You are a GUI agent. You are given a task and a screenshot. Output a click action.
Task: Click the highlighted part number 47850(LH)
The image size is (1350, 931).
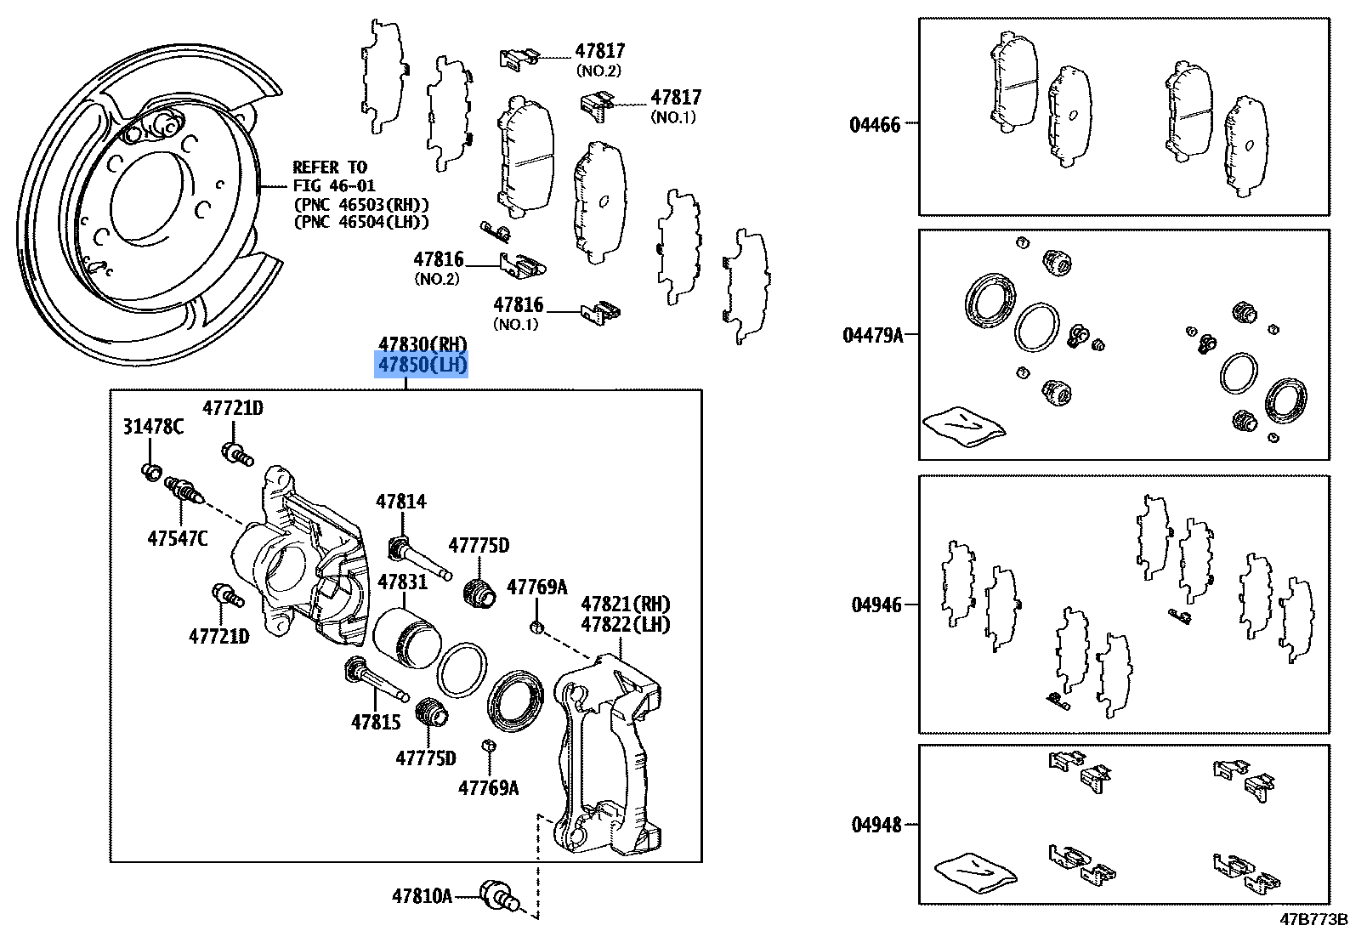click(423, 366)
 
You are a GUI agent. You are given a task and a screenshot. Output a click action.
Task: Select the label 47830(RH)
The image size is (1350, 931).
click(423, 344)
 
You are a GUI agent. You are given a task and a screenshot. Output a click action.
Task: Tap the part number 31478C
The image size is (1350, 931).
click(153, 427)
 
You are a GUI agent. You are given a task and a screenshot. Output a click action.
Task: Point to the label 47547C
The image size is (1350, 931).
click(177, 538)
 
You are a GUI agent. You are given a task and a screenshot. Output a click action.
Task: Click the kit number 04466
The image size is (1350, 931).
click(875, 125)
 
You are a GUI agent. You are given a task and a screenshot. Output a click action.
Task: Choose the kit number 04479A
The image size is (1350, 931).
click(873, 335)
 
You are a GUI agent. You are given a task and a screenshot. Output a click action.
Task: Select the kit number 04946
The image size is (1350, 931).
click(876, 605)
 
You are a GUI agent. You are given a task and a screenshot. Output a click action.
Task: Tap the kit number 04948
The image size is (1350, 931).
click(876, 825)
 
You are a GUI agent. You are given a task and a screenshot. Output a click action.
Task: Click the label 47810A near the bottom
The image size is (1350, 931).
click(423, 895)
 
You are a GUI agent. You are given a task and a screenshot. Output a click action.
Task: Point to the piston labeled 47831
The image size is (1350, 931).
click(404, 639)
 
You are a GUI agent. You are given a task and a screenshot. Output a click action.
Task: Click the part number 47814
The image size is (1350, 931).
click(401, 502)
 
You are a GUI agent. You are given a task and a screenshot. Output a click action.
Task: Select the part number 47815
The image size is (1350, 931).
click(375, 722)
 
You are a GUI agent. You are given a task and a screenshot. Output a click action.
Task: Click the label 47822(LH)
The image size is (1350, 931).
click(626, 625)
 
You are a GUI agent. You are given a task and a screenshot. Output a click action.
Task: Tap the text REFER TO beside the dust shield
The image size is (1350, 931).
click(330, 167)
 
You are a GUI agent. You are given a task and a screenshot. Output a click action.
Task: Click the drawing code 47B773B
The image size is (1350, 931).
click(1315, 919)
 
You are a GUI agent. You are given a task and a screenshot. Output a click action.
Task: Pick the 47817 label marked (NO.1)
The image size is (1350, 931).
click(677, 98)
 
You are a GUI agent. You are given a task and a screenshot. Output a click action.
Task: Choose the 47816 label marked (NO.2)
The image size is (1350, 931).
click(439, 259)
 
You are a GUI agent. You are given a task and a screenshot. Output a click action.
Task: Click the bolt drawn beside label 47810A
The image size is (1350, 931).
click(497, 895)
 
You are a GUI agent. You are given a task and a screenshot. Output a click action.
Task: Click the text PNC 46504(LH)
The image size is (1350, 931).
click(361, 222)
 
